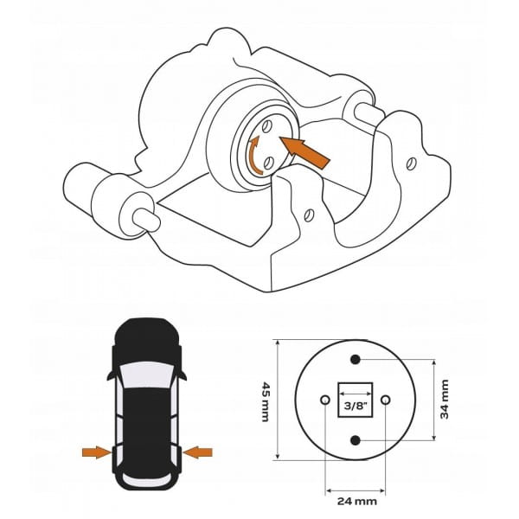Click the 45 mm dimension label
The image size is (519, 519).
[266, 401]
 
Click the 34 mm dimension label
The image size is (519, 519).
[445, 399]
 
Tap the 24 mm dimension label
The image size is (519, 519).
[356, 502]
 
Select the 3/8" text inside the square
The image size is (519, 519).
[356, 406]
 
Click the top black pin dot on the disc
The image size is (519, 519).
[356, 359]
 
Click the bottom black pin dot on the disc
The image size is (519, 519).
[356, 440]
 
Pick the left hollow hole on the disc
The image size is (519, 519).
[325, 400]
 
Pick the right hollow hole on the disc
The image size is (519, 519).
[385, 400]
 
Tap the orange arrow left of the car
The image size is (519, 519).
[97, 452]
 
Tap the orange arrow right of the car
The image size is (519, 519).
[197, 452]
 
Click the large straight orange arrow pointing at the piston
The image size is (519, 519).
[304, 152]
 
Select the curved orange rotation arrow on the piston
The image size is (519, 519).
[254, 155]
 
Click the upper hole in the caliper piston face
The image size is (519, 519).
[266, 125]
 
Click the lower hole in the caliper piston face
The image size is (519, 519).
[268, 163]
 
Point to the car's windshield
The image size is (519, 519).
[146, 375]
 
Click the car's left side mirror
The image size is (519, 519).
[112, 375]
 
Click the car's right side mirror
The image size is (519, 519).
[182, 375]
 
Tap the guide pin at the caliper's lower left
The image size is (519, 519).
[146, 220]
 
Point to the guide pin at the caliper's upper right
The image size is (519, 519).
[368, 114]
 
